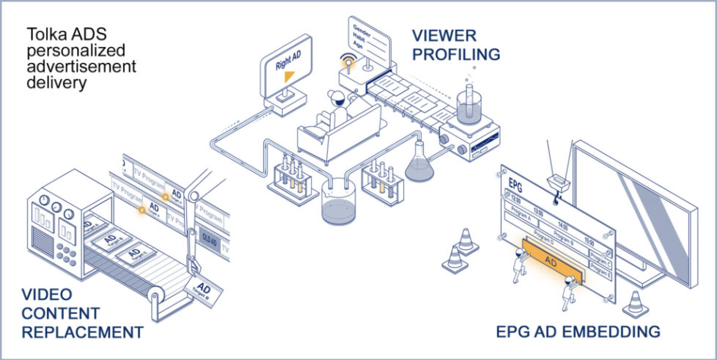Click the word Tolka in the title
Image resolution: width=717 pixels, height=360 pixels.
(x=44, y=33)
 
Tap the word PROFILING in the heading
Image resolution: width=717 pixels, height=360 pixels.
(x=456, y=54)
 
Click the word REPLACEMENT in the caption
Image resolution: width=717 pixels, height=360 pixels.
(x=82, y=332)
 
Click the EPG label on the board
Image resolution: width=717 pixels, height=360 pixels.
(x=514, y=180)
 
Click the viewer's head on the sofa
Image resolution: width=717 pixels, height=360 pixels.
(x=336, y=98)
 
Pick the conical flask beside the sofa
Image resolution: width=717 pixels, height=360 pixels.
(x=419, y=163)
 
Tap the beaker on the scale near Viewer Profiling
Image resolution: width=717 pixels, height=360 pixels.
(x=468, y=103)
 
